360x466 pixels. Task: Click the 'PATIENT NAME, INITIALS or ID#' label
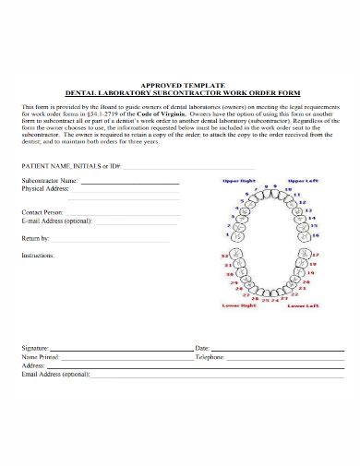coord(70,165)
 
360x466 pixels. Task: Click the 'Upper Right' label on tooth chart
coord(238,181)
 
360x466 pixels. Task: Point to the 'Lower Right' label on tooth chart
coord(240,305)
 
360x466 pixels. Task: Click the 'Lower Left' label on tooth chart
coord(302,305)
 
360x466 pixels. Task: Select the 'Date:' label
coord(203,347)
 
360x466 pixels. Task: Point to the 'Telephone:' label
coord(210,355)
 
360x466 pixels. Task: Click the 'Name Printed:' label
coord(42,355)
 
